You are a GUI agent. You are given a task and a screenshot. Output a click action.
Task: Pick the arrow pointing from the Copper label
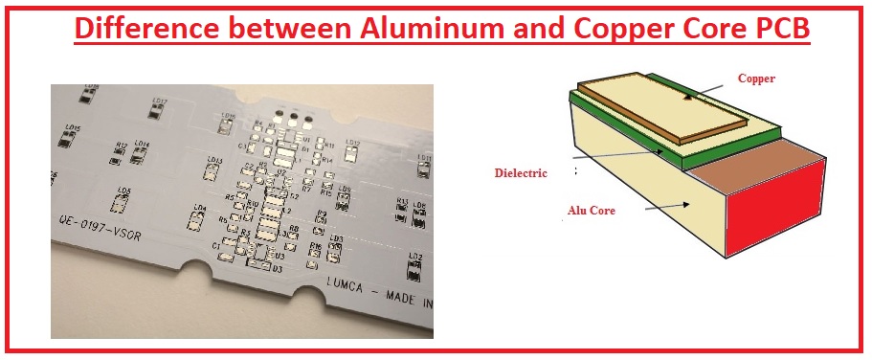click(x=707, y=91)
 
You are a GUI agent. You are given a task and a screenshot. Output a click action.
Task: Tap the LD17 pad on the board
click(x=161, y=109)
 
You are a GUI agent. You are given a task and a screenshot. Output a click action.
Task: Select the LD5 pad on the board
click(x=124, y=201)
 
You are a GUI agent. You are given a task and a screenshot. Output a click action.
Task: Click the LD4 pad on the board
click(x=200, y=218)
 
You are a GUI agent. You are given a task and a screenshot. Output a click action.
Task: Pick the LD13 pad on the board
click(x=215, y=170)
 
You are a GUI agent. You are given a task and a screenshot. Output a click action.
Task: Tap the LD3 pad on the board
click(x=335, y=248)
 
